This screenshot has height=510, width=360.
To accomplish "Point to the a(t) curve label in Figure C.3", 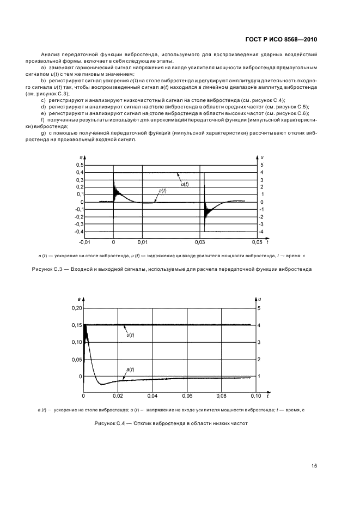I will (162, 191).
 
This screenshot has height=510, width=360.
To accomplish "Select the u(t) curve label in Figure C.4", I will (130, 335).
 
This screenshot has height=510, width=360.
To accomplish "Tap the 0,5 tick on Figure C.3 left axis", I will (80, 165).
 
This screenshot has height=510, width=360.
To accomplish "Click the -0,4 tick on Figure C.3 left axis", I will (78, 232).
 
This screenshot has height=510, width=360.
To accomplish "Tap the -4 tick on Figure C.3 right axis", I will (263, 232).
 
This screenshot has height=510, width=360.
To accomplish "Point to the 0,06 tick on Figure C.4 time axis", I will (187, 396).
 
